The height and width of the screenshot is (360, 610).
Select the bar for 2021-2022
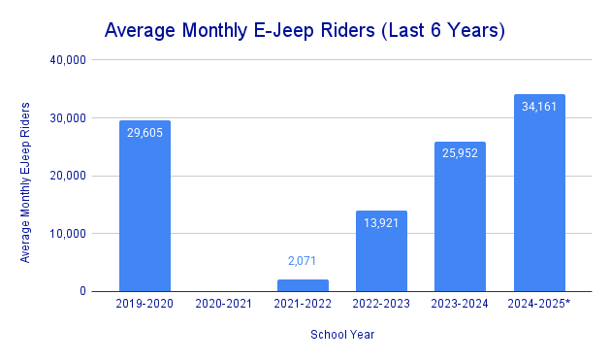click(x=303, y=285)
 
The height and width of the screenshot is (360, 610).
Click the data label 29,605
click(x=144, y=132)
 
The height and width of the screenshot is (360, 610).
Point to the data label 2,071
click(x=303, y=261)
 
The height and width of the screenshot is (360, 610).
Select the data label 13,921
click(x=381, y=222)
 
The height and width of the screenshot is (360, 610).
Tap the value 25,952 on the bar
click(x=460, y=152)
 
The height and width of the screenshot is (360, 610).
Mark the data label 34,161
click(x=539, y=105)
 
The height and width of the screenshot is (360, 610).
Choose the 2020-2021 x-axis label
click(x=224, y=305)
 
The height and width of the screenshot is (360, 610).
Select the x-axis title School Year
click(x=342, y=335)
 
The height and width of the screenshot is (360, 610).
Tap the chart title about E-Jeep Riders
click(x=305, y=30)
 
